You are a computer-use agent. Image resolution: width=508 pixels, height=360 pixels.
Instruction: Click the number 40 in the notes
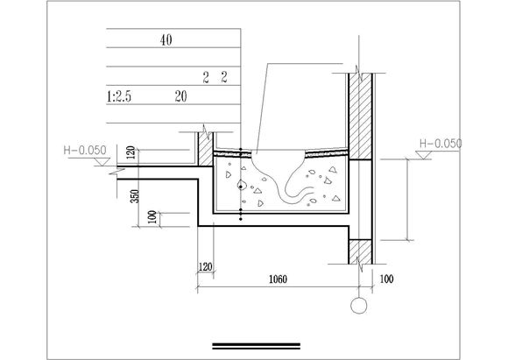(166, 40)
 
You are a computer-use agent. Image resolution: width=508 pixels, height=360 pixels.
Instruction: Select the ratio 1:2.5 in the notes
(119, 96)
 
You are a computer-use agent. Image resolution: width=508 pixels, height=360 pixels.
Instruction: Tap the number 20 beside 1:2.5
(180, 96)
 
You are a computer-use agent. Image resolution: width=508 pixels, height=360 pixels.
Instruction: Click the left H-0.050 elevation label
(85, 150)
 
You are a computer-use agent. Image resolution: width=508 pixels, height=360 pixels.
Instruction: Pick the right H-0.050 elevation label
(441, 144)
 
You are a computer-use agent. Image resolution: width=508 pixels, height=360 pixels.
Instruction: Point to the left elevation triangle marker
(102, 162)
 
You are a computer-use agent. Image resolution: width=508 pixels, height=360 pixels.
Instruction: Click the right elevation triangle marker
(423, 155)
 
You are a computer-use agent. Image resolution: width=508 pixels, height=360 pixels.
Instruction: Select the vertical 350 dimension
(135, 196)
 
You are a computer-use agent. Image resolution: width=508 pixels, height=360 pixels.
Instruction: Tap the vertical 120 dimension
(131, 152)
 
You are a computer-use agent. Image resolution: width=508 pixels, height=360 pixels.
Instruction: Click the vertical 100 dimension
(152, 217)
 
